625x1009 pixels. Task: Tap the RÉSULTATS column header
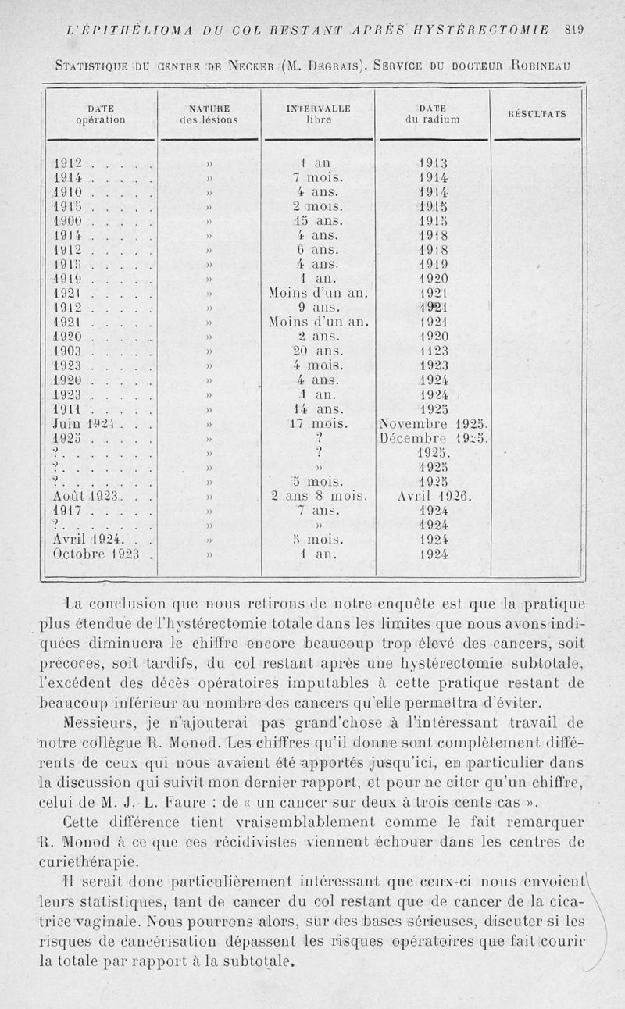(x=537, y=114)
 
